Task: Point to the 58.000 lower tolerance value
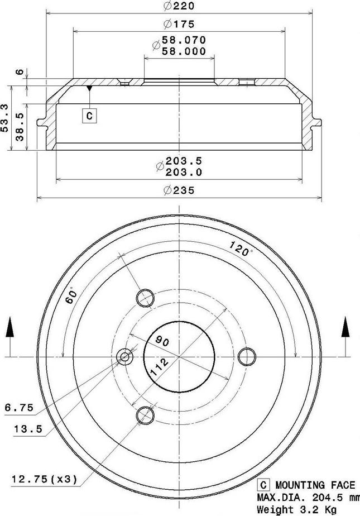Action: [x=184, y=51]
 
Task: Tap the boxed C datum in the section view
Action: [x=89, y=116]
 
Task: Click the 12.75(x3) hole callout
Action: [x=44, y=479]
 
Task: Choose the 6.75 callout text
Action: [x=19, y=409]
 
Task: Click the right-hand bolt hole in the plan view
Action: [x=244, y=356]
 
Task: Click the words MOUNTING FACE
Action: [x=314, y=485]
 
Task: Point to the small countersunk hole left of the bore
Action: [x=124, y=356]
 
